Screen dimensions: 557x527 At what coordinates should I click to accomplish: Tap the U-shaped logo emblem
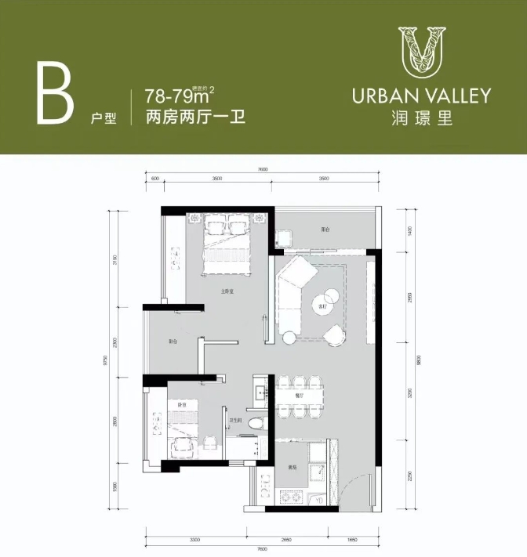click(x=421, y=51)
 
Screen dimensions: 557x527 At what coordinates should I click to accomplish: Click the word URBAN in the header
click(x=383, y=96)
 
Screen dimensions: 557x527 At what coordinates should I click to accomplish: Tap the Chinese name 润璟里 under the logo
click(x=421, y=119)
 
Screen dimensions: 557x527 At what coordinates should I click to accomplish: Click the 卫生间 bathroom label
click(x=234, y=421)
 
